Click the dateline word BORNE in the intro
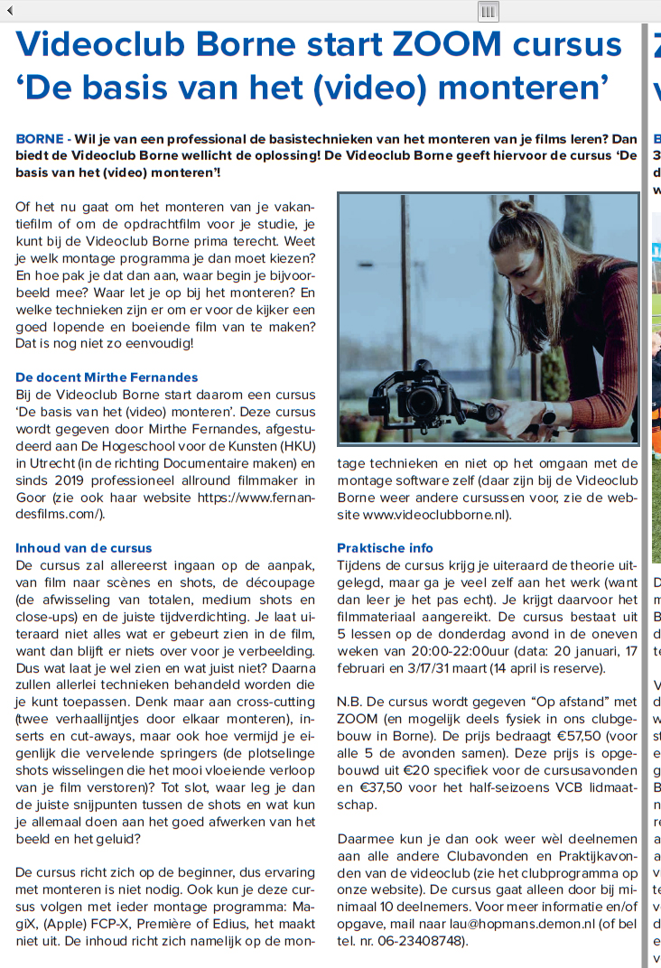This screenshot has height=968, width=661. point(39,140)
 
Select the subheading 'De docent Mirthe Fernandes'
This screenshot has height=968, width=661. point(107,377)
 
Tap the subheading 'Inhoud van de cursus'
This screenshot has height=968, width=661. point(84,548)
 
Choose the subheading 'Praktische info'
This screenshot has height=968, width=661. point(385,548)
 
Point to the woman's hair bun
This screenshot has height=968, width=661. point(516,209)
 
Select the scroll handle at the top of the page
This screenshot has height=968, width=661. point(488,11)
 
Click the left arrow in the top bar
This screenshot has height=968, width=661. point(10,11)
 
